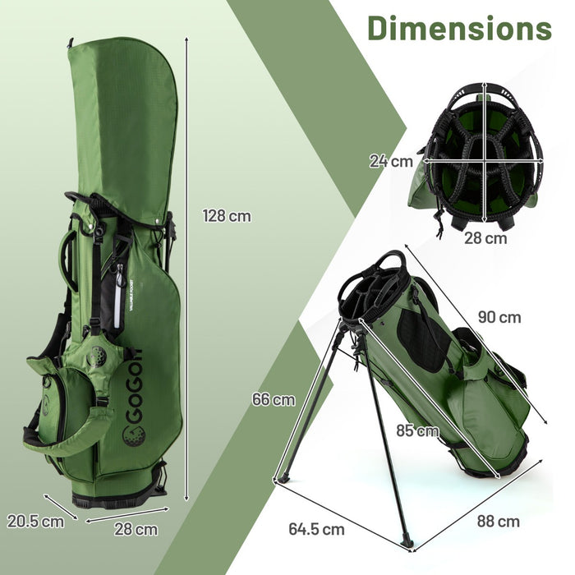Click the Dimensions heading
459,28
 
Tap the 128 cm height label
227,217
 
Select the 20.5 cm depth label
35,521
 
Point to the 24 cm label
391,162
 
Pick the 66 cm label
273,400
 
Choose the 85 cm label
416,430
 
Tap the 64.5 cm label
317,529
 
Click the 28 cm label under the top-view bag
484,238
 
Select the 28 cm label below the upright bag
135,529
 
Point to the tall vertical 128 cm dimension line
187,271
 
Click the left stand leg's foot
283,479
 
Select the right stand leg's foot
407,543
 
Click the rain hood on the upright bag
123,123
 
